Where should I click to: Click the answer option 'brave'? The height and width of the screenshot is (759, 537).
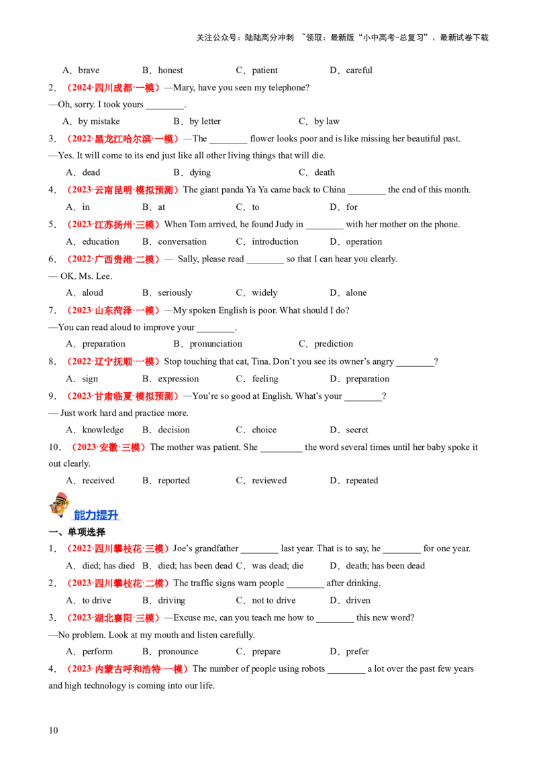89,70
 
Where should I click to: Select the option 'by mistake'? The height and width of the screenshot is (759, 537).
99,121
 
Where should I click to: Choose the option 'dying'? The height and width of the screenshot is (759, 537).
200,173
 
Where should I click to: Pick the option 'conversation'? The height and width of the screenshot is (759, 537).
182,241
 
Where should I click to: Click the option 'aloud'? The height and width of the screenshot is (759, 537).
93,293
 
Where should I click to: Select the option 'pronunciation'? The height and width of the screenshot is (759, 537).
215,344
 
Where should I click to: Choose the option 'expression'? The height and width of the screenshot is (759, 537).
179,379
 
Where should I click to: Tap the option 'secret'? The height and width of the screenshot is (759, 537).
356,430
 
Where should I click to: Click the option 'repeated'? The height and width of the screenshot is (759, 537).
362,481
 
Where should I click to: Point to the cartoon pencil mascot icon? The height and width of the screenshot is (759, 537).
60,506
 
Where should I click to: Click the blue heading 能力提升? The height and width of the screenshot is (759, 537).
96,515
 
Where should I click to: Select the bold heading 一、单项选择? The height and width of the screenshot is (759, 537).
77,532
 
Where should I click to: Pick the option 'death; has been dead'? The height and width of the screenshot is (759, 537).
385,566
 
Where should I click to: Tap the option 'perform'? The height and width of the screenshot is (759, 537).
97,652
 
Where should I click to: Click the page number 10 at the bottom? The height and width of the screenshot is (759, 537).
53,730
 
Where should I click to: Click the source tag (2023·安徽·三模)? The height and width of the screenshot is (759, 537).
108,447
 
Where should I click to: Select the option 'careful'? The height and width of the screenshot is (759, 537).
359,70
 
